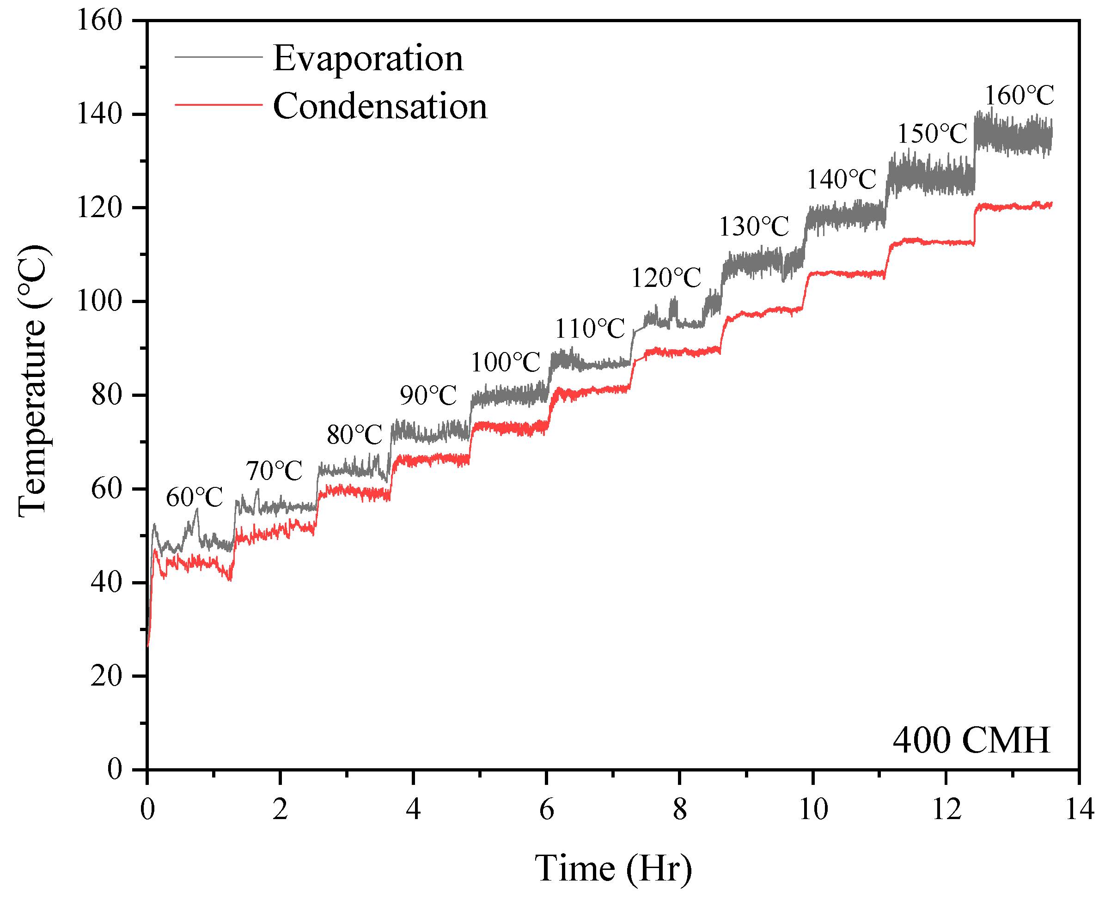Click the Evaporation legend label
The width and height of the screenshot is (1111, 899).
click(x=368, y=58)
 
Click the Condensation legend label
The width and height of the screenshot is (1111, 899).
click(x=380, y=106)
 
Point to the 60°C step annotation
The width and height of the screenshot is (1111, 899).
click(x=194, y=498)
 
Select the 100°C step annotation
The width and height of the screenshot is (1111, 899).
click(x=506, y=362)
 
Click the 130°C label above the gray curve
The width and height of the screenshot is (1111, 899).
click(x=754, y=226)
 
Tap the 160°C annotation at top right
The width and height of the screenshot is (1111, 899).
click(x=1019, y=95)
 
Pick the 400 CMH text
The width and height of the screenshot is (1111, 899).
click(x=971, y=740)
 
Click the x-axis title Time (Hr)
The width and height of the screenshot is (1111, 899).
click(x=613, y=869)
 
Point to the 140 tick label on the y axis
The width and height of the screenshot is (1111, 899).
click(x=99, y=114)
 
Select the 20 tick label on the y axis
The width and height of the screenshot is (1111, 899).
click(x=106, y=676)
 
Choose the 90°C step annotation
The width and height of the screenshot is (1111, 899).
click(x=428, y=395)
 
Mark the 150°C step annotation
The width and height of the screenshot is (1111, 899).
click(x=932, y=134)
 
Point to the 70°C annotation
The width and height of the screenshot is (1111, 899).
click(x=274, y=471)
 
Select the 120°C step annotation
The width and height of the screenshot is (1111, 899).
click(x=665, y=278)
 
